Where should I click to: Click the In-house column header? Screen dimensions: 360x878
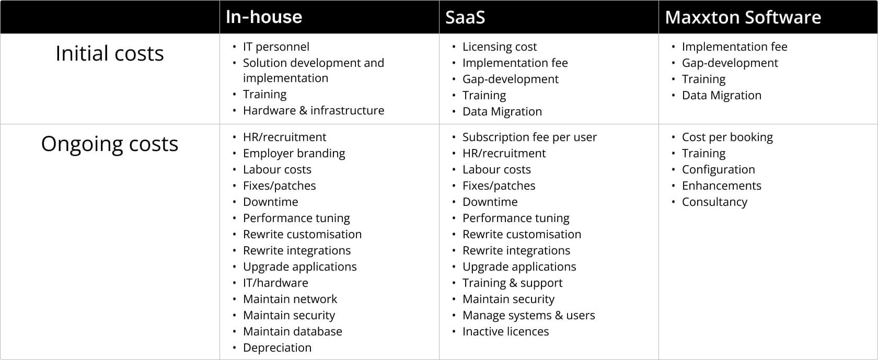pos(264,17)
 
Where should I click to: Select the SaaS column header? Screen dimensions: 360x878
pos(465,17)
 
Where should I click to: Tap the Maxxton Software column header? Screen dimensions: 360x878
pos(743,17)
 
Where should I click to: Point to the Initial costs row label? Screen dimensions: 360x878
pos(110,53)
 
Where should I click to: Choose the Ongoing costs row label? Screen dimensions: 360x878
pos(110,144)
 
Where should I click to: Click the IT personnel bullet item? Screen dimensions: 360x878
pos(276,47)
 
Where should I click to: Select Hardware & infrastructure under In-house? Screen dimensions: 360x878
pos(314,110)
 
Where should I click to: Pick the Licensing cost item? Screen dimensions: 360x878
pos(499,47)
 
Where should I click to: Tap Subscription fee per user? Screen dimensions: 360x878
pos(529,137)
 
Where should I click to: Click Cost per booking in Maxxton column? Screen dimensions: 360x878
pos(727,137)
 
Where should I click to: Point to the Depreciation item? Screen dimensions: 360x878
pos(277,347)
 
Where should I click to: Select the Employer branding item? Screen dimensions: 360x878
pos(294,153)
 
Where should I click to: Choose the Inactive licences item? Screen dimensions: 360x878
pos(505,331)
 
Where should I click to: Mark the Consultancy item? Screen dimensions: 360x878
pos(714,202)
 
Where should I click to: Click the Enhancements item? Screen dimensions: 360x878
pos(721,185)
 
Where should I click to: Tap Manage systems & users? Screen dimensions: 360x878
pos(528,315)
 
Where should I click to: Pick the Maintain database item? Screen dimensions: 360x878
pos(292,331)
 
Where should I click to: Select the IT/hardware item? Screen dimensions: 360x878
pos(275,283)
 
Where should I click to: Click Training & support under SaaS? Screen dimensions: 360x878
pos(512,283)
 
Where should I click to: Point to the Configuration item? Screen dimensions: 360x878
pos(718,169)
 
